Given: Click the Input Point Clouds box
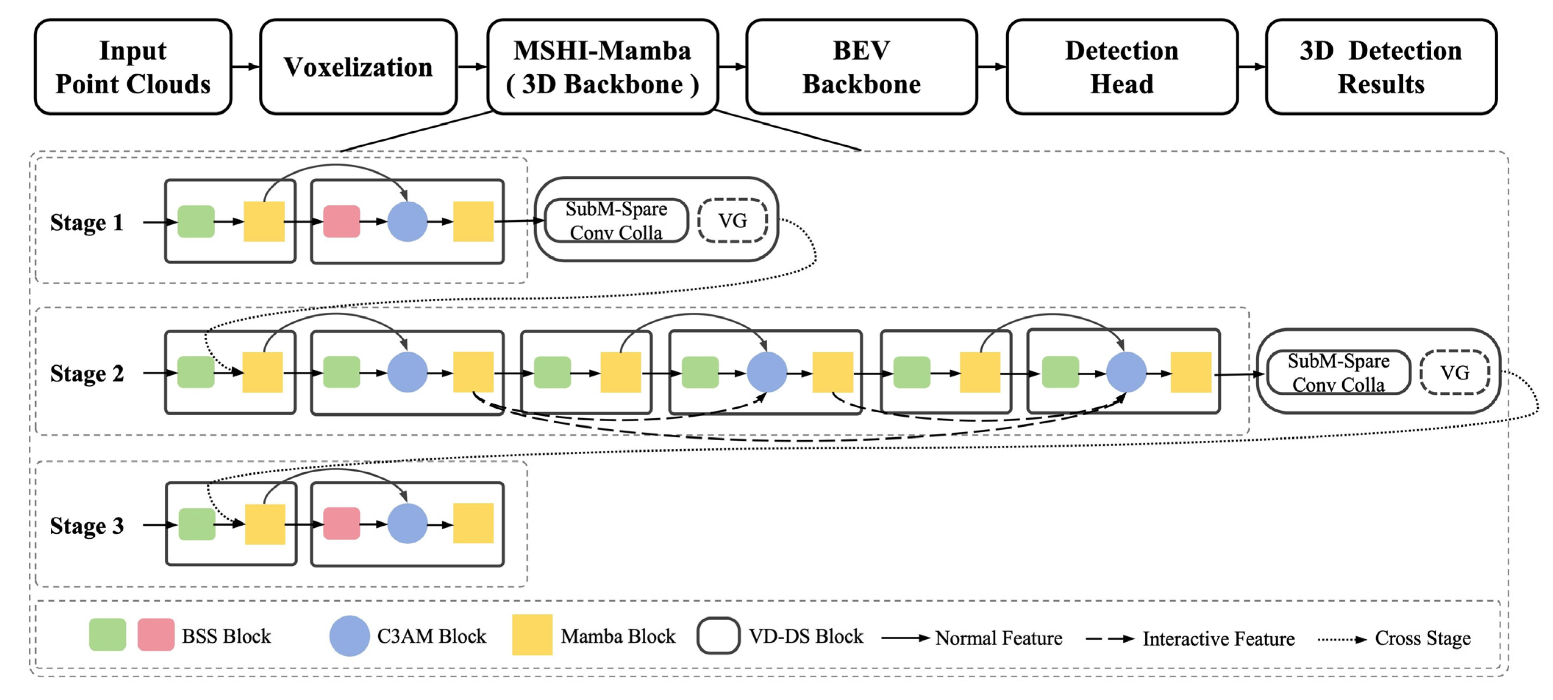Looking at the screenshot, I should (x=133, y=67).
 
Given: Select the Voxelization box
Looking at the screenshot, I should (x=358, y=67).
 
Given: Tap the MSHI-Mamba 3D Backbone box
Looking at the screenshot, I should (x=602, y=67).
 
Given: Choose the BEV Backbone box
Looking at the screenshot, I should (x=861, y=67).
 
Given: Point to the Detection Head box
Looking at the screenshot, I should (x=1121, y=67).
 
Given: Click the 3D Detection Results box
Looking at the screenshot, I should (x=1381, y=67).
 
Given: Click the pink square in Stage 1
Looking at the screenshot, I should (x=342, y=221).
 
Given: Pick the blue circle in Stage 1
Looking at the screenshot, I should (x=407, y=221).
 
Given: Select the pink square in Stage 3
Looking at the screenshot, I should (x=342, y=523).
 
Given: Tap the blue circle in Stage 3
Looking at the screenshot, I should (x=407, y=523).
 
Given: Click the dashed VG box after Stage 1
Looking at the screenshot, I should (x=732, y=221).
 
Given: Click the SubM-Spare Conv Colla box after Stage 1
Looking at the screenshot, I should (x=616, y=221).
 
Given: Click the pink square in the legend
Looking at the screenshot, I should (x=156, y=634).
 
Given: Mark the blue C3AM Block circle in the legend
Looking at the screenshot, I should (x=350, y=636).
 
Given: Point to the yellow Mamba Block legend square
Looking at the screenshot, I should (x=532, y=634).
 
